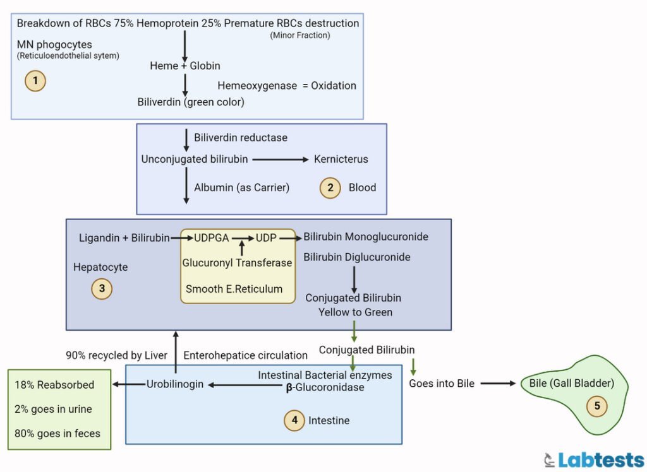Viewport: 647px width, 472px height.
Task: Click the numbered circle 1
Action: point(35,81)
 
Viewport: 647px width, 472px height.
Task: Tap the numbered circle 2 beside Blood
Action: point(330,187)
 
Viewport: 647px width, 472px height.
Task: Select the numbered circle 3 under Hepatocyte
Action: point(102,289)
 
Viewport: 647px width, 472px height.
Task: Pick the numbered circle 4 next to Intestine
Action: point(294,420)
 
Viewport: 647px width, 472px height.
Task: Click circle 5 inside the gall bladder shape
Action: point(597,406)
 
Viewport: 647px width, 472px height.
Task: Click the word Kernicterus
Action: point(341,159)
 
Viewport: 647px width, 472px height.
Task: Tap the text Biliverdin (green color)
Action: point(191,102)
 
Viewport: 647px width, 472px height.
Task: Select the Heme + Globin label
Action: point(184,66)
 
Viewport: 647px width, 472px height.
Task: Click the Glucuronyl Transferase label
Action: point(237,263)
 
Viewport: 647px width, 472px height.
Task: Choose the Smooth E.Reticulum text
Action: point(234,289)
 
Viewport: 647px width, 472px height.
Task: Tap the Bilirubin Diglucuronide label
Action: point(356,257)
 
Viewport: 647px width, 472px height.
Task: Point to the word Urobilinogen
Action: point(175,384)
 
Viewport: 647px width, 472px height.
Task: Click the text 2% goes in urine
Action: point(53,409)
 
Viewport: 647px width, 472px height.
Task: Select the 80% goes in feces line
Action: point(57,433)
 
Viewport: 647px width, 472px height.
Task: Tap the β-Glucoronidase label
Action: point(325,387)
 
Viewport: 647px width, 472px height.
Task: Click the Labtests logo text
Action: point(600,458)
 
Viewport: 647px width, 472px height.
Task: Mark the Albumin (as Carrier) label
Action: point(241,187)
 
